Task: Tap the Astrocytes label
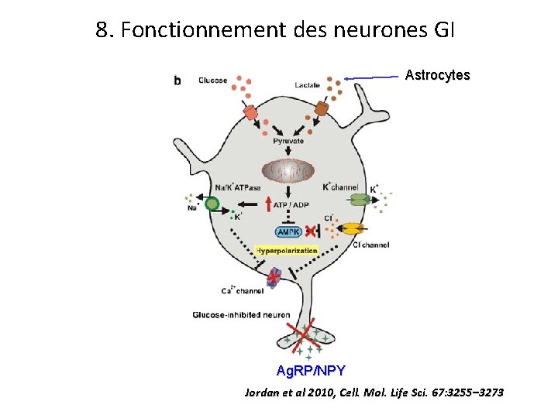[x=437, y=75]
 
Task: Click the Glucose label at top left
[x=212, y=81]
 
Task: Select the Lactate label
[x=308, y=84]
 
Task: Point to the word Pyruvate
[x=288, y=142]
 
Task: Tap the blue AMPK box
[x=288, y=232]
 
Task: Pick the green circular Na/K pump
[x=212, y=204]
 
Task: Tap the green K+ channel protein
[x=359, y=200]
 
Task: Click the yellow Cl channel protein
[x=353, y=228]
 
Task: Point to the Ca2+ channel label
[x=242, y=292]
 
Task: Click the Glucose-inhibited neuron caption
[x=229, y=314]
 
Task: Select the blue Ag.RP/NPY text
[x=311, y=370]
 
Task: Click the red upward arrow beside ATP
[x=267, y=204]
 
